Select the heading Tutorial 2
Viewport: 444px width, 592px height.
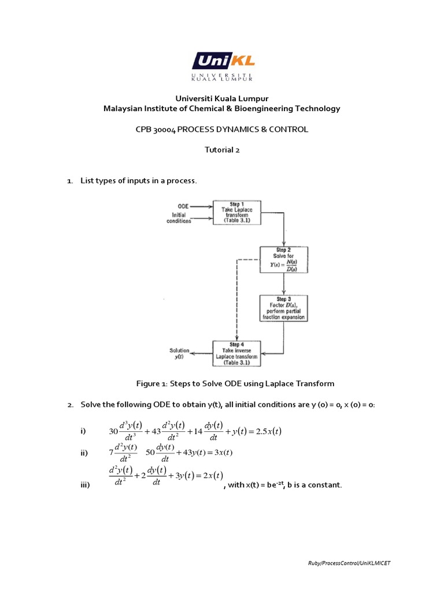[x=222, y=150]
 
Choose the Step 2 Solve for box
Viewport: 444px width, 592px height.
[x=283, y=261]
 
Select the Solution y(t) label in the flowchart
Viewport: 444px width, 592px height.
[x=179, y=354]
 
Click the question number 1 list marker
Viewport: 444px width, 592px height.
[x=69, y=182]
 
